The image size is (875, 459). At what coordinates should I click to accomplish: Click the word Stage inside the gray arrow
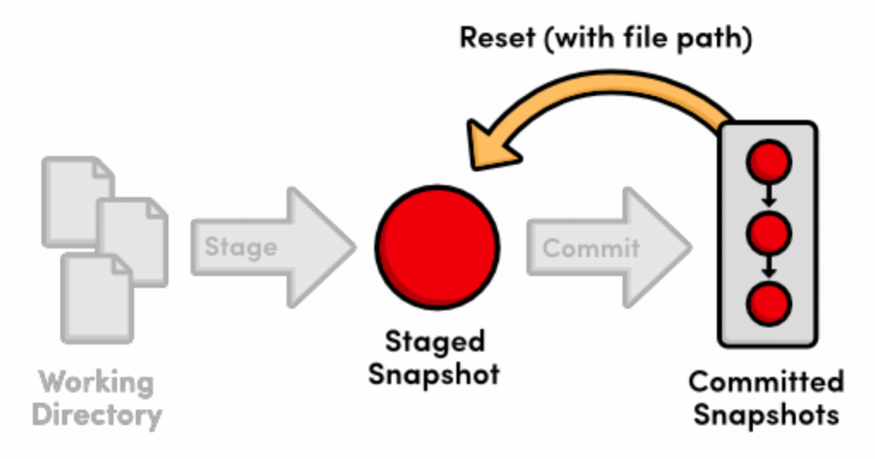coord(241,247)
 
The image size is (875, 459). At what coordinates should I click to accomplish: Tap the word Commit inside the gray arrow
coord(590,248)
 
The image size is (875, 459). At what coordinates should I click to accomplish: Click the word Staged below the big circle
coord(435,342)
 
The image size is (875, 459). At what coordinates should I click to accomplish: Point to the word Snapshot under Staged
coord(434,374)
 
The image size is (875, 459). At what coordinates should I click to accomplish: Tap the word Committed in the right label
coord(766,381)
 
